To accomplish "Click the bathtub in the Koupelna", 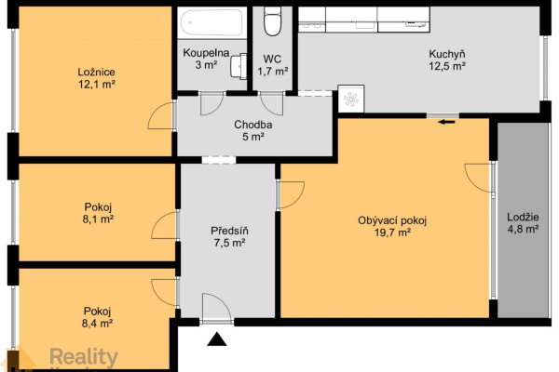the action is [x=211, y=22].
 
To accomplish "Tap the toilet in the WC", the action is [x=272, y=21].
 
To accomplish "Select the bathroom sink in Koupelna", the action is [x=239, y=66].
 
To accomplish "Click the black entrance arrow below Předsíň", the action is [x=217, y=339].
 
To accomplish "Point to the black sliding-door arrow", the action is [x=446, y=122].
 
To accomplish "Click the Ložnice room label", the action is [x=96, y=73].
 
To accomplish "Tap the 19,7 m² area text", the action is [x=392, y=232].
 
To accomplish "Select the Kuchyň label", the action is [x=446, y=54].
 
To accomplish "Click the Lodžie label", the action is [x=523, y=217].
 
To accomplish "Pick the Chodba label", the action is [x=253, y=125].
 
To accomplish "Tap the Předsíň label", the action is [x=229, y=231].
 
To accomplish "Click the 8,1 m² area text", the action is [x=98, y=219].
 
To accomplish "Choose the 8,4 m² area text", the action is [x=97, y=324].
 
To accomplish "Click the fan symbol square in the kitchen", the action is [x=351, y=99].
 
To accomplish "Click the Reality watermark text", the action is [x=84, y=357].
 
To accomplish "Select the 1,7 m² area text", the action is [x=273, y=72].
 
